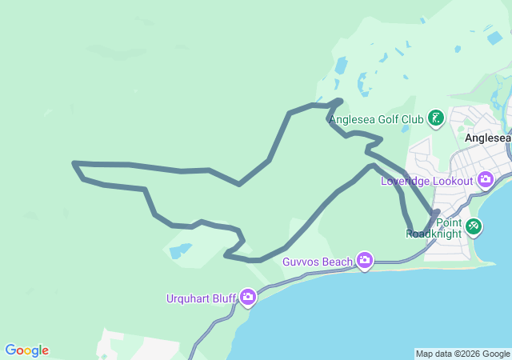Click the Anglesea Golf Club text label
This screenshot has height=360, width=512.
coord(376,120)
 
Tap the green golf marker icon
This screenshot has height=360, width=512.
coord(436,119)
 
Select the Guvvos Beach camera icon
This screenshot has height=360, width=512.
coord(366,260)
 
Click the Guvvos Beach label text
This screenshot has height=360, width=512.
coord(318,261)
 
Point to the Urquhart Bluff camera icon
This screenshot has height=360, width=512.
coord(248,298)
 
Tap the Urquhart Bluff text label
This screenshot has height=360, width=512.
coord(201,298)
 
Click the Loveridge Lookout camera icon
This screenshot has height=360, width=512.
coord(485,180)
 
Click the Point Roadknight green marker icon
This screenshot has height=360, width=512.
coord(474,226)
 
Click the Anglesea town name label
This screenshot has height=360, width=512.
coord(487,138)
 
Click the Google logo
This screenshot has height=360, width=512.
coord(26,350)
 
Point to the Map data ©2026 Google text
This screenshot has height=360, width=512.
coord(462,354)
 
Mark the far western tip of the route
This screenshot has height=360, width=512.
coord(74,163)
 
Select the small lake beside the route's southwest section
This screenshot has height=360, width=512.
coord(180,250)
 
